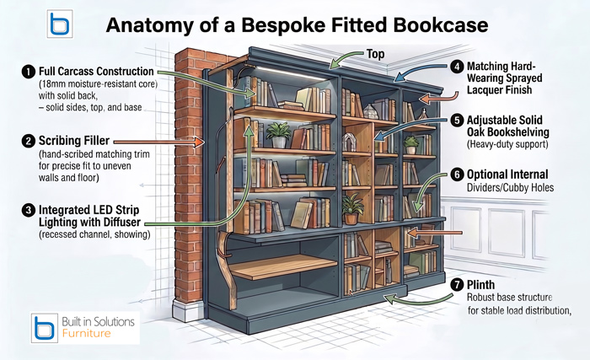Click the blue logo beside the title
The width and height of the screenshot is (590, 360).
pyautogui.click(x=60, y=24)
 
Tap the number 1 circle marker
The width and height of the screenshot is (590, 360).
pyautogui.click(x=29, y=72)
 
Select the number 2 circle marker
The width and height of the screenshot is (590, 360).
pyautogui.click(x=29, y=141)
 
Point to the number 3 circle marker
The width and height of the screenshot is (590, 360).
pyautogui.click(x=29, y=211)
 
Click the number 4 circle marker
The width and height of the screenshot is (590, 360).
pyautogui.click(x=457, y=67)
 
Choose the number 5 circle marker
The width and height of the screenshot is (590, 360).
pyautogui.click(x=457, y=120)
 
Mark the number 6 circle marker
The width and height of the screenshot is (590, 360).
pyautogui.click(x=457, y=175)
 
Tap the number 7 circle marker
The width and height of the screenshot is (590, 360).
pyautogui.click(x=457, y=284)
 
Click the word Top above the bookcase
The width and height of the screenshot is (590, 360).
pyautogui.click(x=376, y=54)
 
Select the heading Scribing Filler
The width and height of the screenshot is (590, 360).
pyautogui.click(x=74, y=141)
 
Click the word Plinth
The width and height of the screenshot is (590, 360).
pyautogui.click(x=480, y=285)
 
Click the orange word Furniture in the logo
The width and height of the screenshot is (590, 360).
pyautogui.click(x=86, y=333)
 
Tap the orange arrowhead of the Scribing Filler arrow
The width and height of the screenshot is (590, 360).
pyautogui.click(x=199, y=142)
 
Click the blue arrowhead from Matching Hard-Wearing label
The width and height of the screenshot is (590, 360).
pyautogui.click(x=399, y=78)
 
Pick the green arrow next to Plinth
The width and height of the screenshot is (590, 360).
pyautogui.click(x=418, y=300)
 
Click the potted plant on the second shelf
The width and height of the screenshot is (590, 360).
pyautogui.click(x=279, y=135)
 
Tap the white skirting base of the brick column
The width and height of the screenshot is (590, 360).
pyautogui.click(x=187, y=310)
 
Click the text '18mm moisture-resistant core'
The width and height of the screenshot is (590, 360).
pyautogui.click(x=98, y=83)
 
